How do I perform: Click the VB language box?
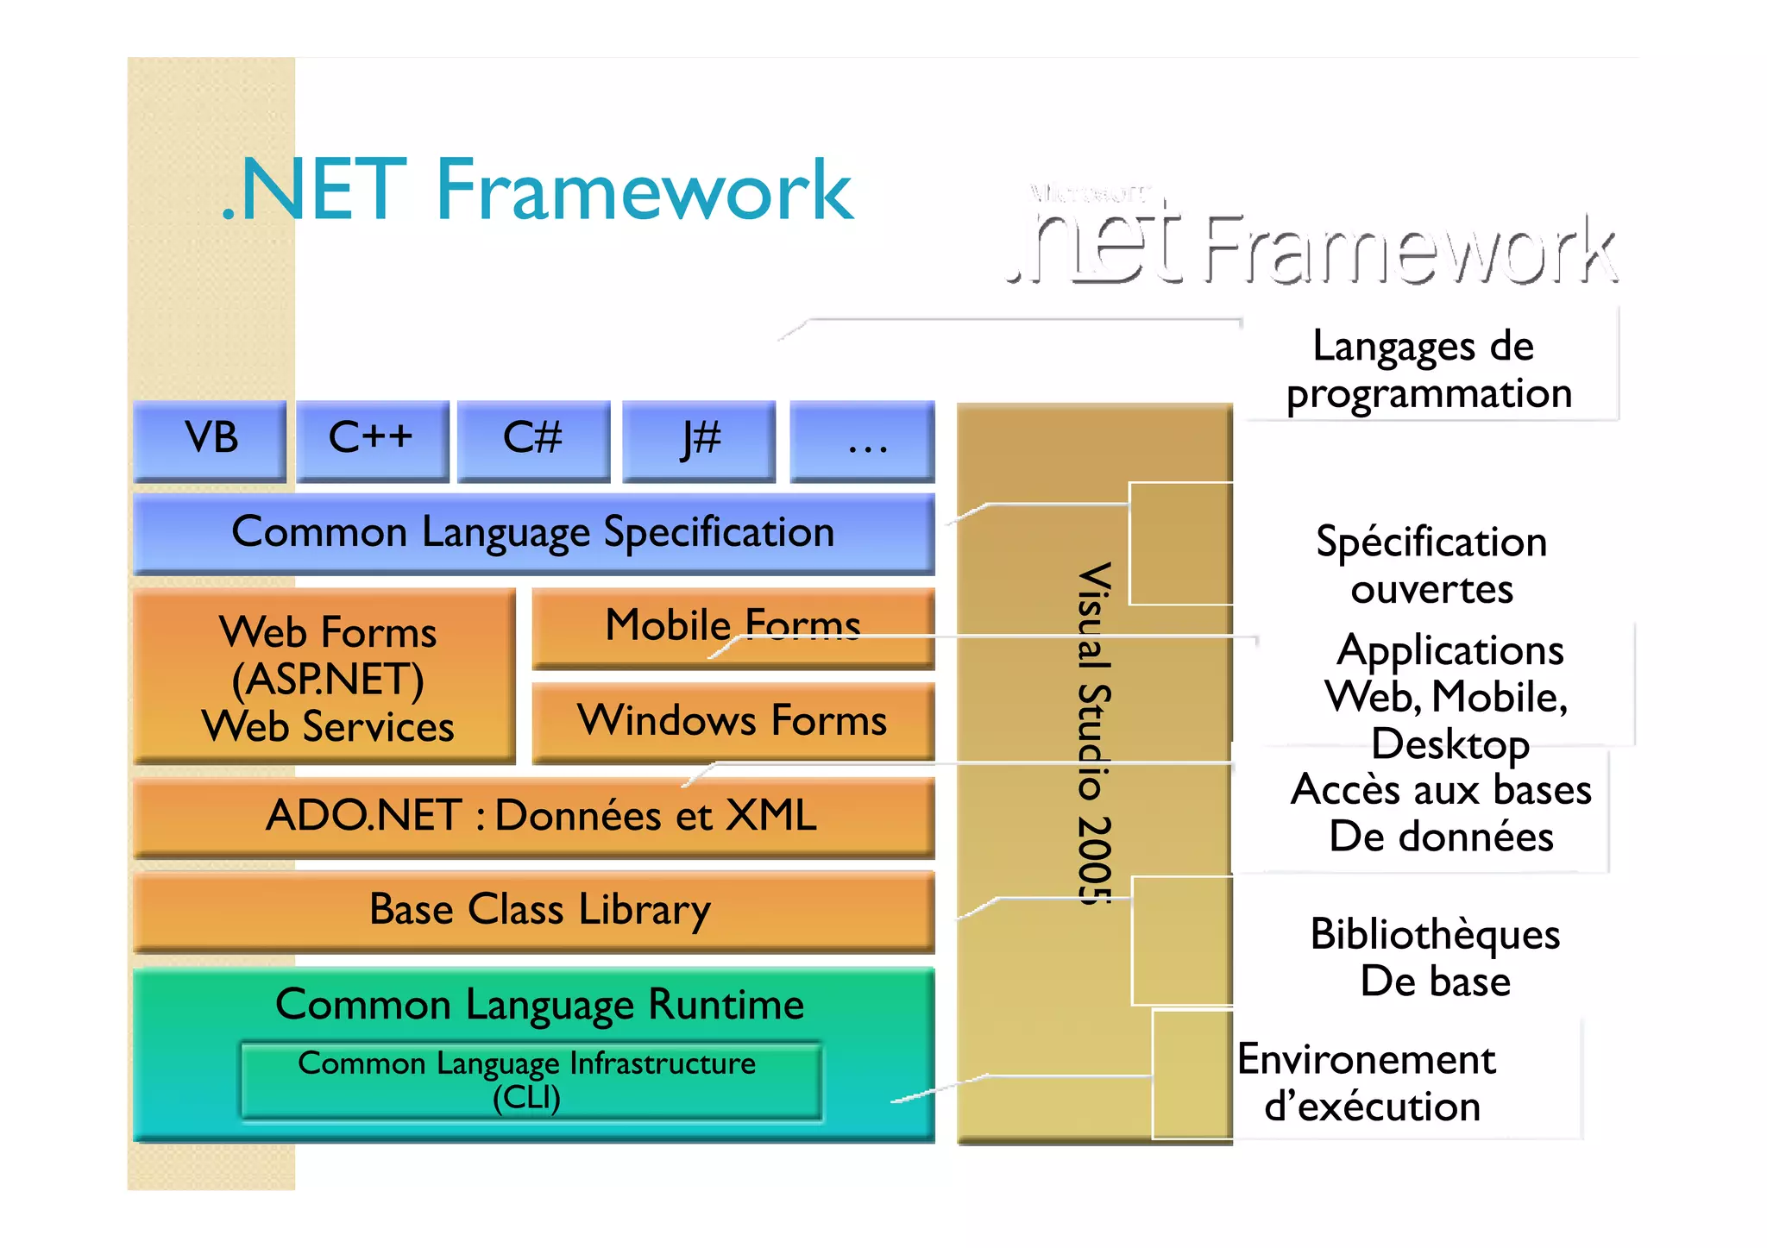click(x=210, y=439)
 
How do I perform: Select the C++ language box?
click(x=372, y=439)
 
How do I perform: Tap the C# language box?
click(x=533, y=439)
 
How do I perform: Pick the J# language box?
click(x=699, y=439)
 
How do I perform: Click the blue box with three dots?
click(x=863, y=441)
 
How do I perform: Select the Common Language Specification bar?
click(x=533, y=532)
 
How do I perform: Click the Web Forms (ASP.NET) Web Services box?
click(x=326, y=677)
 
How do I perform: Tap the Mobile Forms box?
click(x=733, y=626)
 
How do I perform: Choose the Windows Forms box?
click(x=733, y=720)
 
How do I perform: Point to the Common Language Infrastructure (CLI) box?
click(x=528, y=1080)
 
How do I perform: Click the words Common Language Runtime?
click(x=539, y=1005)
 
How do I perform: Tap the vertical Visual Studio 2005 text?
click(x=1094, y=733)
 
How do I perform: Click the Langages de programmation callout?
click(x=1428, y=369)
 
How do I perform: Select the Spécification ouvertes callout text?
click(x=1431, y=565)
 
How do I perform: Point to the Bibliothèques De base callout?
click(x=1435, y=957)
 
